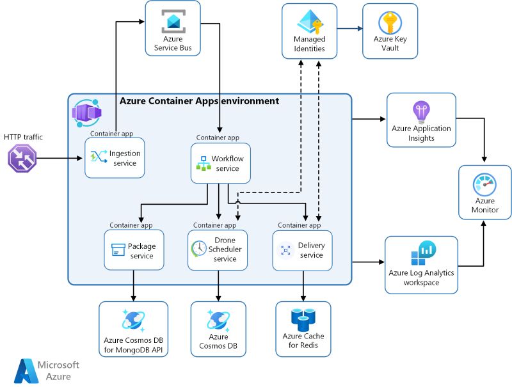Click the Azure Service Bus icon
point(173,21)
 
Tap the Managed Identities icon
point(309,22)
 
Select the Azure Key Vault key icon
point(389,22)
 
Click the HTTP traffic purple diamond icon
point(22,157)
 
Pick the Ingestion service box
point(115,157)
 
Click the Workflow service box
point(220,163)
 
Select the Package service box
point(133,250)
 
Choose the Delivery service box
point(303,250)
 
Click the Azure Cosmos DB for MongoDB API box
point(133,329)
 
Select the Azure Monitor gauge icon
point(484,184)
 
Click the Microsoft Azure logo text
point(58,370)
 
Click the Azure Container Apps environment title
point(199,101)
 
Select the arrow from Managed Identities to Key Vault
point(349,28)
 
